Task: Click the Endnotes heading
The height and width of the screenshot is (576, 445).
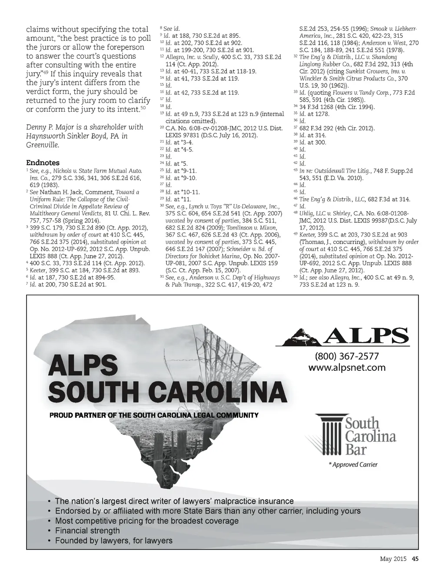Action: tap(43, 163)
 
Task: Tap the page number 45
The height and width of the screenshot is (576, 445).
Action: tap(415, 559)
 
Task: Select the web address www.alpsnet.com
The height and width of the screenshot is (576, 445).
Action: tap(347, 368)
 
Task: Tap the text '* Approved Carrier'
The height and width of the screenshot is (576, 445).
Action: tap(353, 465)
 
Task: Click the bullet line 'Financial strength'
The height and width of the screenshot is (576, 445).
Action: tap(87, 531)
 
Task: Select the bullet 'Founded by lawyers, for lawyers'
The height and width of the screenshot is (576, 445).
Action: tap(113, 541)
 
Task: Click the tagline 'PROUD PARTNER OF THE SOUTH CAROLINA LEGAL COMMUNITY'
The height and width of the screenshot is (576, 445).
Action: tap(154, 415)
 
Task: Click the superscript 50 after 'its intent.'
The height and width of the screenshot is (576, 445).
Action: tap(143, 107)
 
